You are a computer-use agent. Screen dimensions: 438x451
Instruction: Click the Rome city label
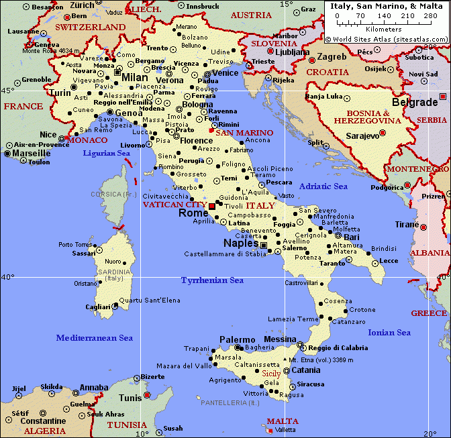point(193,213)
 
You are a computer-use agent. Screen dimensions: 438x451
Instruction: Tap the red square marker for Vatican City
point(212,205)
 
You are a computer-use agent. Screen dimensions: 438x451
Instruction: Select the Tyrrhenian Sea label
point(212,280)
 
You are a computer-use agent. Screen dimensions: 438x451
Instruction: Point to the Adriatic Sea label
point(323,186)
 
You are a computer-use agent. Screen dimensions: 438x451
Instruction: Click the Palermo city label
point(238,340)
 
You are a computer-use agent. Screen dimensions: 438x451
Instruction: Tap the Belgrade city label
point(414,102)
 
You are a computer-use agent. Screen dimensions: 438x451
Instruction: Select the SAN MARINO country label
point(244,133)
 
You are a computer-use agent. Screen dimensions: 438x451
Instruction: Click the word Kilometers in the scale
point(384,29)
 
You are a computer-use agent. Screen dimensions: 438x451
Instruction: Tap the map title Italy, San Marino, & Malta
point(387,5)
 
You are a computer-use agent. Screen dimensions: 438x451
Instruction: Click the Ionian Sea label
point(389,333)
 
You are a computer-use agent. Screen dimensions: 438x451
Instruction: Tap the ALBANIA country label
point(430,253)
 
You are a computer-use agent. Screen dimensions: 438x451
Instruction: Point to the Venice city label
point(225,73)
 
